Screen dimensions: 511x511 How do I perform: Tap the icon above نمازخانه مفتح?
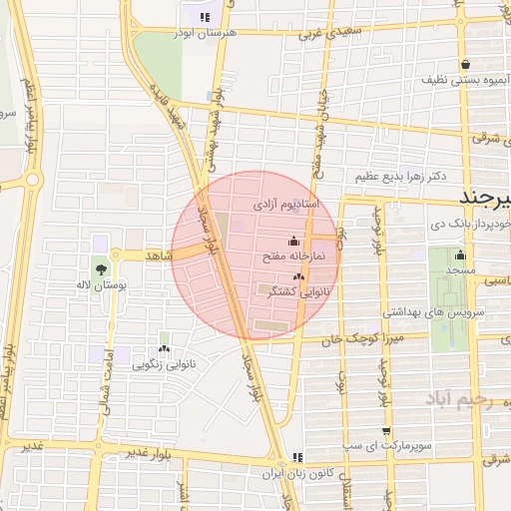[292, 241]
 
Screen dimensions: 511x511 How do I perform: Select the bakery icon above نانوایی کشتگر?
[298, 276]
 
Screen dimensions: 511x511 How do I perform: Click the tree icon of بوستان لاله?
[100, 269]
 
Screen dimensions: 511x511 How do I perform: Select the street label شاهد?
[160, 256]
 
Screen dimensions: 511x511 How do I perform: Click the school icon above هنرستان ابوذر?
[205, 16]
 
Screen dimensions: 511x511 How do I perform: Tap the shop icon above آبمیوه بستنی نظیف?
[466, 65]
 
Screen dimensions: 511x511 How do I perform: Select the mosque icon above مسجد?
[460, 255]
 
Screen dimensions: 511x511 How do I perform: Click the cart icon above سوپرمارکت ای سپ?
[386, 431]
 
